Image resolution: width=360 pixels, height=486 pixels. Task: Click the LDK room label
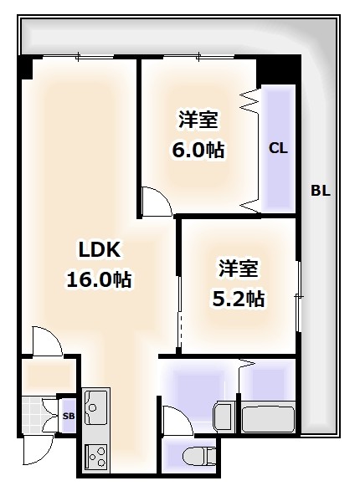[x=100, y=249]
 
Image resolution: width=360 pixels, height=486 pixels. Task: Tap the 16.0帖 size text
[x=99, y=279]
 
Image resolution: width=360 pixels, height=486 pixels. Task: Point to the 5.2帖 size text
[x=238, y=297]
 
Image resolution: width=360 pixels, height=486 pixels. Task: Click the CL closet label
[x=278, y=149]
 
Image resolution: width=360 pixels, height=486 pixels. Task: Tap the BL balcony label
[x=321, y=190]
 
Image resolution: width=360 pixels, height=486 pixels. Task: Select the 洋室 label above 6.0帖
[x=198, y=120]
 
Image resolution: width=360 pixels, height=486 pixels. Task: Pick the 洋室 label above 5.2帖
[x=239, y=269]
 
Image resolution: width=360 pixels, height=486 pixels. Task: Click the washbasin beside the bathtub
[x=224, y=416]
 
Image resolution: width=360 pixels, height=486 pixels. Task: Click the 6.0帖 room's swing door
[x=154, y=200]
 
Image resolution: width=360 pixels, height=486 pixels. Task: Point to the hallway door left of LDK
[x=46, y=341]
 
